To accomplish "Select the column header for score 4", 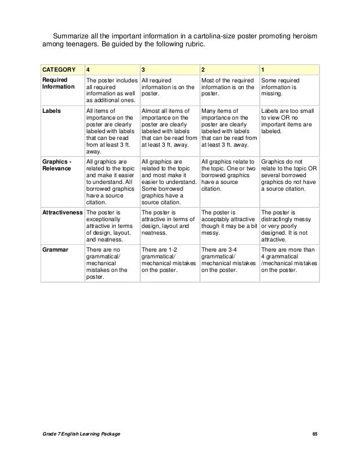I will click(x=87, y=69).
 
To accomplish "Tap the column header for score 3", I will click(x=143, y=69).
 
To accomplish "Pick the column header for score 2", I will click(x=204, y=69).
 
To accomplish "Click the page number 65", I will click(x=315, y=433).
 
